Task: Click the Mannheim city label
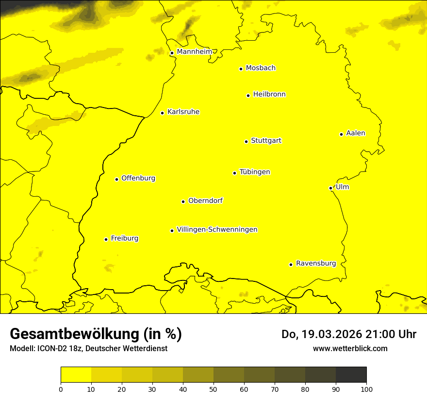pyautogui.click(x=194, y=52)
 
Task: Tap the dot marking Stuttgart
pyautogui.click(x=246, y=141)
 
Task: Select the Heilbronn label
pyautogui.click(x=269, y=94)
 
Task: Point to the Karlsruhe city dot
pyautogui.click(x=162, y=113)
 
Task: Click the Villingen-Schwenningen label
pyautogui.click(x=217, y=230)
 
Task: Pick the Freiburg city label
pyautogui.click(x=124, y=238)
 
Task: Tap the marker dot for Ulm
pyautogui.click(x=330, y=188)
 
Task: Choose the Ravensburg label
pyautogui.click(x=316, y=263)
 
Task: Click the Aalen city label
pyautogui.click(x=356, y=133)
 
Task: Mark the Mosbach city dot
pyautogui.click(x=241, y=69)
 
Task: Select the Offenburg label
pyautogui.click(x=138, y=178)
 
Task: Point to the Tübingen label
pyautogui.click(x=255, y=172)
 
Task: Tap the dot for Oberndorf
pyautogui.click(x=183, y=201)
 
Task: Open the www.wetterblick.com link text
pyautogui.click(x=350, y=348)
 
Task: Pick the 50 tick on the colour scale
pyautogui.click(x=213, y=388)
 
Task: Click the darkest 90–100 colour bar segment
pyautogui.click(x=351, y=374)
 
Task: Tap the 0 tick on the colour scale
pyautogui.click(x=61, y=388)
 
